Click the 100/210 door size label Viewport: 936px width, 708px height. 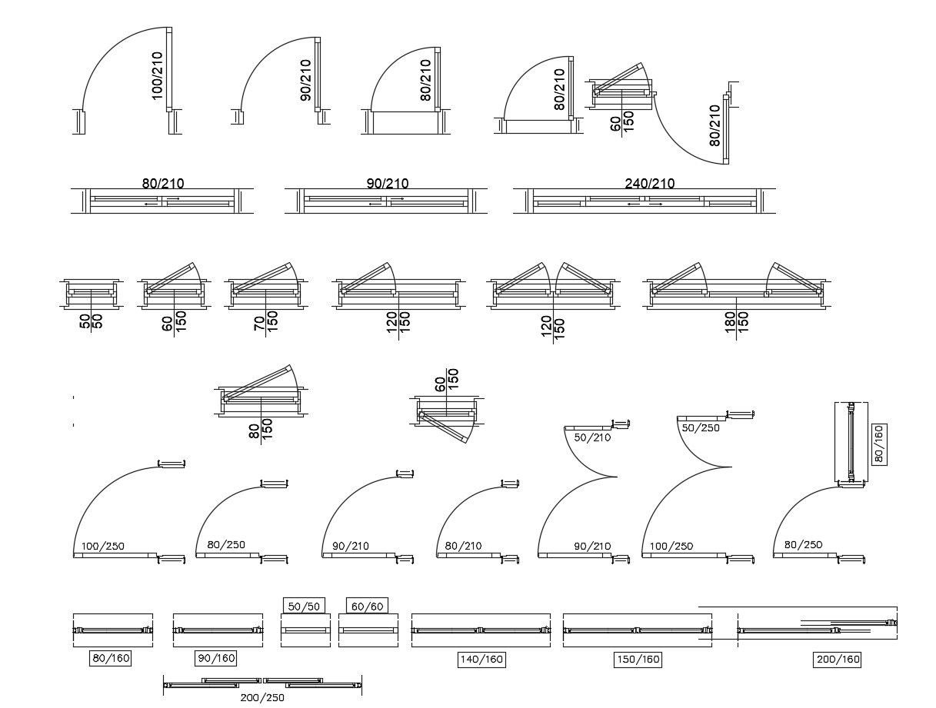157,75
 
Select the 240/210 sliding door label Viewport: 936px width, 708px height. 649,183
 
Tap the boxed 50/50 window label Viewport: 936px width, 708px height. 304,606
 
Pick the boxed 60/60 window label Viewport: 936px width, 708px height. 367,606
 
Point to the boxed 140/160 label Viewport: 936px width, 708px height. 481,659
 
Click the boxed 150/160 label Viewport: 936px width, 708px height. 638,659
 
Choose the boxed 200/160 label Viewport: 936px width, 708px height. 838,659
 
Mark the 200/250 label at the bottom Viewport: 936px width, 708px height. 261,698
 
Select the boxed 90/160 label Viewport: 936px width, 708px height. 216,658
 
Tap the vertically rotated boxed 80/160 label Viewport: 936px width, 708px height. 878,444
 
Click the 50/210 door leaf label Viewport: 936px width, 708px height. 591,437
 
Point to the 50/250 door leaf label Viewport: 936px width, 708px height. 701,427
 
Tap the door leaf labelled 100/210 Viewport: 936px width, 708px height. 169,69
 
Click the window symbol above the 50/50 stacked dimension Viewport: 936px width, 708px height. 92,291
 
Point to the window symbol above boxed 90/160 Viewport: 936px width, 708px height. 216,630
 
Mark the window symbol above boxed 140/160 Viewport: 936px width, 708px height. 481,630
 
